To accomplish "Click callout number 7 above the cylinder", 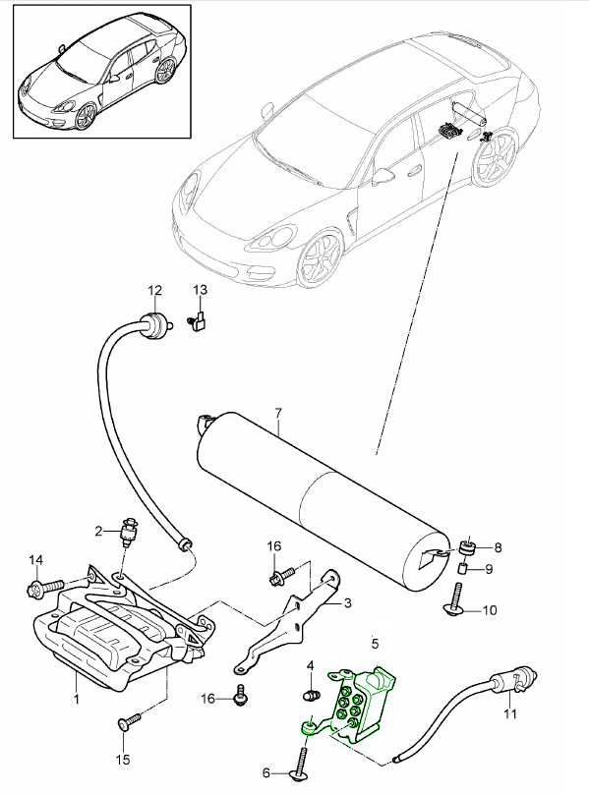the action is click(277, 413).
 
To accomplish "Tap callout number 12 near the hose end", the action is click(154, 290).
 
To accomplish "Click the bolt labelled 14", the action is click(44, 588).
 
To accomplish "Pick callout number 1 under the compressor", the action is click(76, 699).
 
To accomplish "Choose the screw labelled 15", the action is click(130, 721).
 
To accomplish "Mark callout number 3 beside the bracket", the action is click(347, 603).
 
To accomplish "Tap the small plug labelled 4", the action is click(310, 695).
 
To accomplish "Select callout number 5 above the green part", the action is click(376, 644).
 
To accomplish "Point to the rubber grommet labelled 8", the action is click(467, 546).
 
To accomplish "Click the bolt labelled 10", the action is click(454, 598).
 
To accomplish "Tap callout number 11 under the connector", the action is click(509, 713).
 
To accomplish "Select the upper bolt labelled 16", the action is click(281, 575).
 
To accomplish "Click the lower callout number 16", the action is click(208, 699).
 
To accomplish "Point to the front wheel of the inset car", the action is click(85, 117).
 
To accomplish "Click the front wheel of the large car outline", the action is click(321, 261).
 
